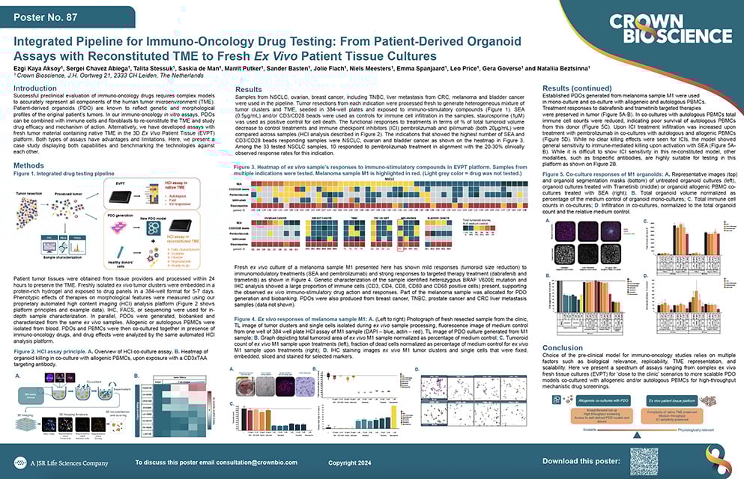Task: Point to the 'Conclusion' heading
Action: coord(563,347)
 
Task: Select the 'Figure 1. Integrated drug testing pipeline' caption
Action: coord(64,174)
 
